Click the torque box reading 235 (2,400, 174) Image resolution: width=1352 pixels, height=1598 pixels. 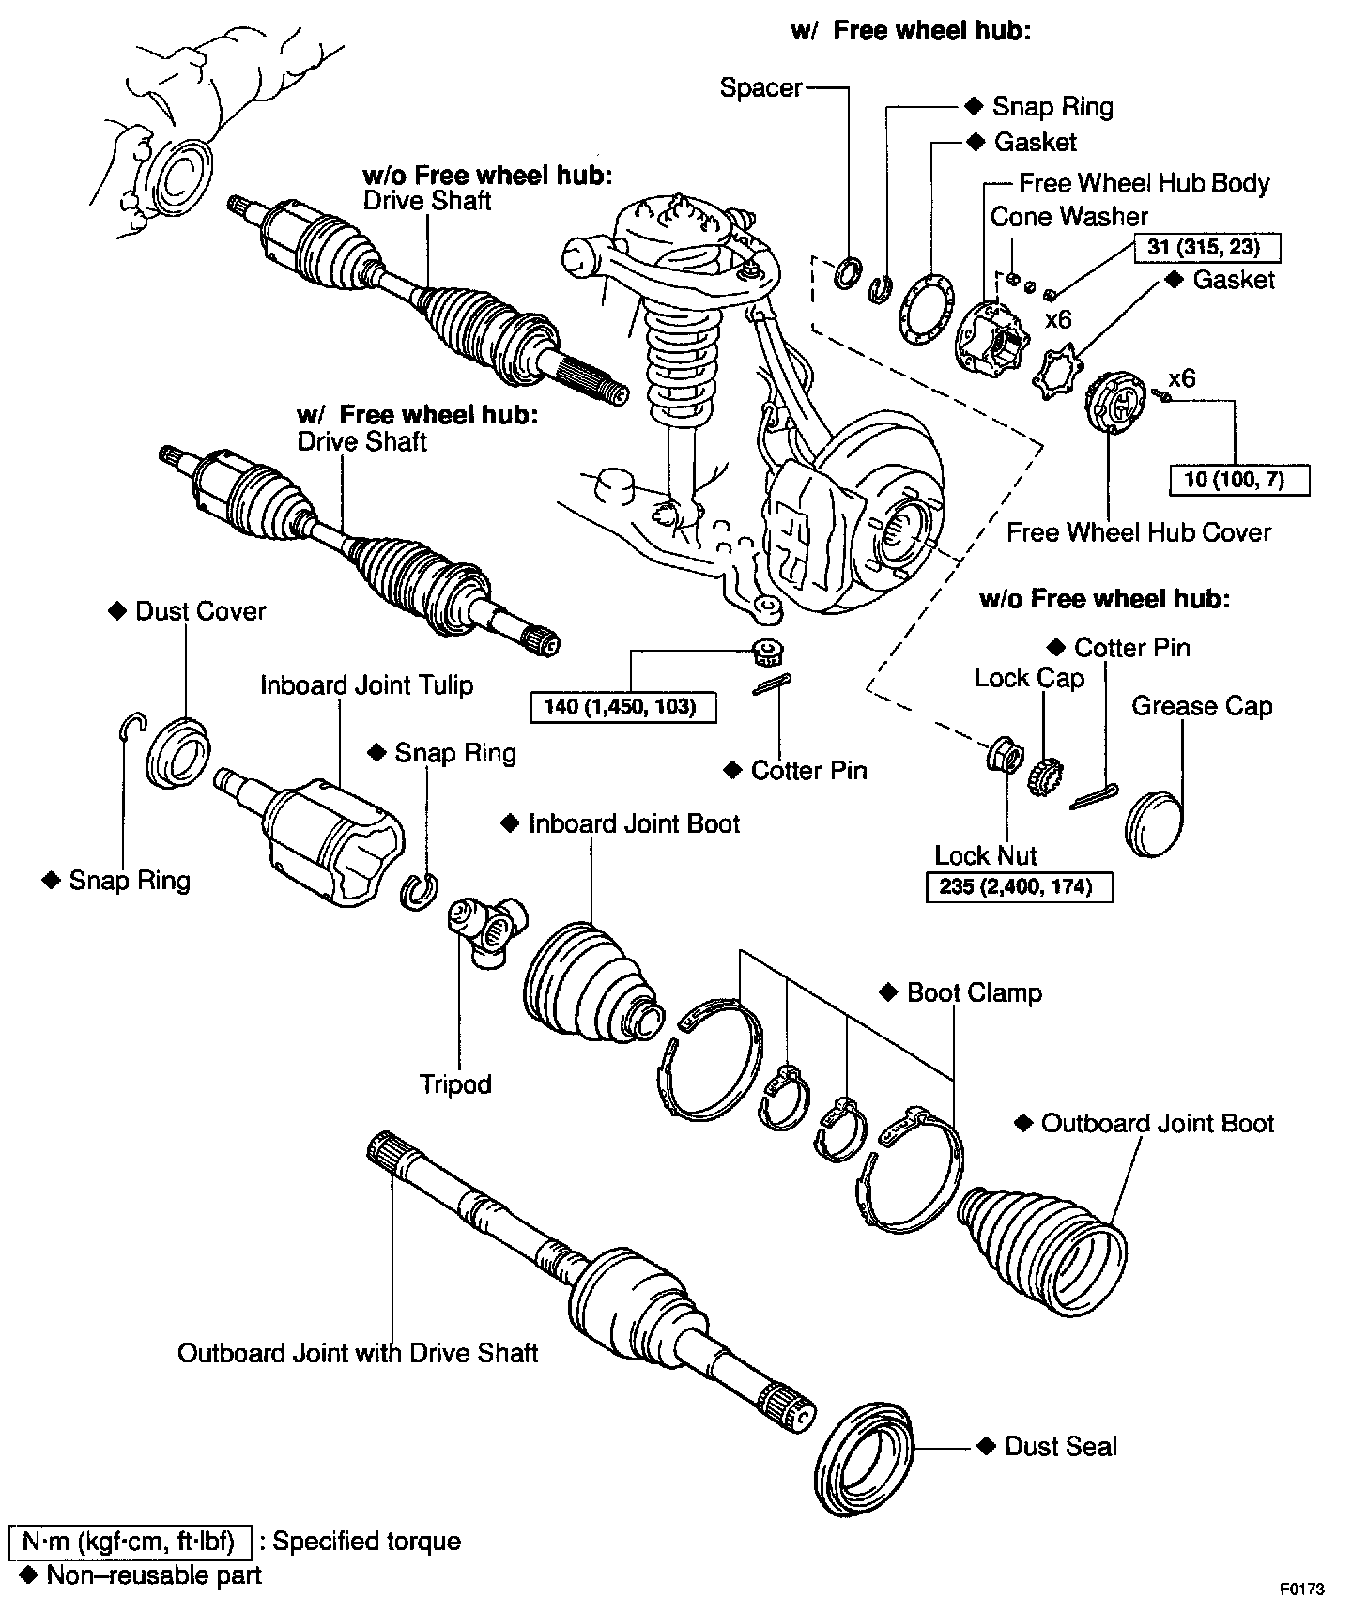(1019, 886)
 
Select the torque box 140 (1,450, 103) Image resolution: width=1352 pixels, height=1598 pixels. (623, 706)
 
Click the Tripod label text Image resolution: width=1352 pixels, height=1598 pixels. (455, 1084)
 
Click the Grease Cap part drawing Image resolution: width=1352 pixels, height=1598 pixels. (1153, 823)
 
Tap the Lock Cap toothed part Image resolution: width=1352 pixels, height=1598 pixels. (1040, 777)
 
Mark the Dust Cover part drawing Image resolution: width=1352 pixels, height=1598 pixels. (177, 751)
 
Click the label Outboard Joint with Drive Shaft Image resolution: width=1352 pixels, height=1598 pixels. (358, 1353)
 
